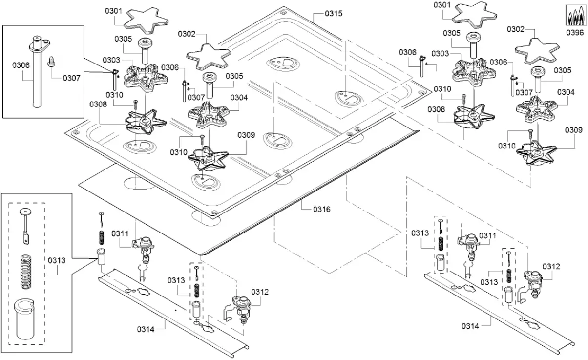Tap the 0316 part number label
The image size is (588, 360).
click(322, 209)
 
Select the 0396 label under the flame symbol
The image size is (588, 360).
click(575, 33)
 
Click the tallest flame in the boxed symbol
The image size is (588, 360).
click(575, 17)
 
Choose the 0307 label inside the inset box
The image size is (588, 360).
click(71, 77)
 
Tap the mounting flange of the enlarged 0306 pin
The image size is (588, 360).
click(39, 44)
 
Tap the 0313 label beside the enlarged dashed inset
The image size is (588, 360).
click(57, 260)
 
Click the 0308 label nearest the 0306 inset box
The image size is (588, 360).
click(98, 104)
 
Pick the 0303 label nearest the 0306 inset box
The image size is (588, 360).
click(111, 60)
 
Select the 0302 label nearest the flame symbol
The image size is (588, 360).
click(516, 29)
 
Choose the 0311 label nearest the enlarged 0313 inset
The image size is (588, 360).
click(120, 233)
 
